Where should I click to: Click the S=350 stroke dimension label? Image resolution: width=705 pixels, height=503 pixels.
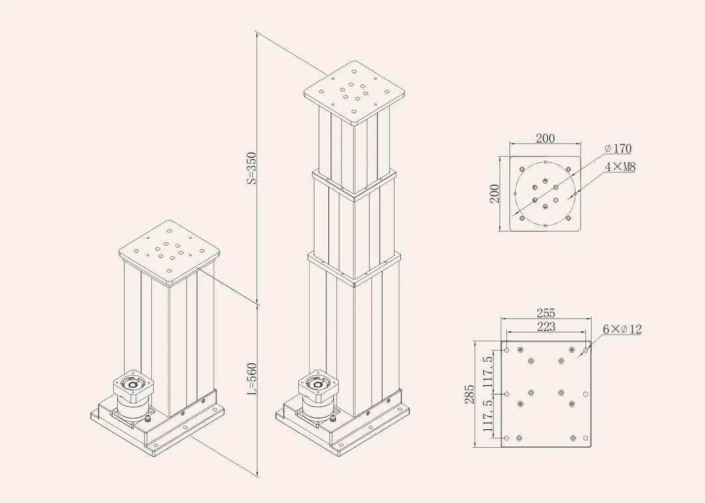(x=252, y=168)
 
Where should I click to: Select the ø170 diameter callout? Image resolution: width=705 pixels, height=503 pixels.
(x=618, y=148)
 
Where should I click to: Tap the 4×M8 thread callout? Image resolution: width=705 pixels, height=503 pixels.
(x=620, y=167)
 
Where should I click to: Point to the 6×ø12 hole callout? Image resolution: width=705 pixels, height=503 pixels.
(x=622, y=329)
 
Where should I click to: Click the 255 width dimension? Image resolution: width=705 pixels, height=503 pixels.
(x=545, y=313)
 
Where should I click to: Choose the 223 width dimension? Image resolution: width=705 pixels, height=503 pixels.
(x=545, y=326)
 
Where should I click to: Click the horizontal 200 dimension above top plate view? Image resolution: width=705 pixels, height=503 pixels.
(x=545, y=138)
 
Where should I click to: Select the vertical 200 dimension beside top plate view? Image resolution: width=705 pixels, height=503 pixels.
(x=495, y=194)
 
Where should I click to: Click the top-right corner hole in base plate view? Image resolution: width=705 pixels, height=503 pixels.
(x=586, y=349)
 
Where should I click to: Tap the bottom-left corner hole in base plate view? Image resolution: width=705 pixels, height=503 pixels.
(x=507, y=438)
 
